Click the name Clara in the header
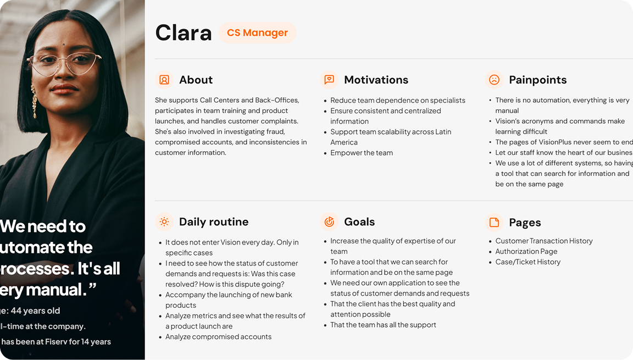[184, 33]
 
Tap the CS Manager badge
[257, 33]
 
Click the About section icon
[164, 80]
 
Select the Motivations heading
[376, 80]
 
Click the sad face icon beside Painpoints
[494, 80]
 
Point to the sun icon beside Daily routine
[164, 221]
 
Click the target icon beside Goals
[329, 221]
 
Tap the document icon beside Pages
[494, 222]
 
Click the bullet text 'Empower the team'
[362, 153]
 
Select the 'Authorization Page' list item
[526, 251]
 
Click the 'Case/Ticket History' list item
[527, 262]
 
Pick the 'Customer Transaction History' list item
[543, 241]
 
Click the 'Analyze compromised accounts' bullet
[218, 336]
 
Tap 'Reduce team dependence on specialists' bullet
[397, 100]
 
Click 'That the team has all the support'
[383, 325]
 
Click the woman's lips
[64, 88]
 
